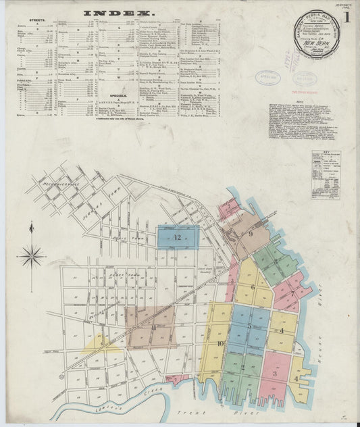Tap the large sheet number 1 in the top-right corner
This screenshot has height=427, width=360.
click(346, 18)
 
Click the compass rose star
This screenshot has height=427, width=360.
click(32, 255)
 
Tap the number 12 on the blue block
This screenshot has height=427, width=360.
click(177, 238)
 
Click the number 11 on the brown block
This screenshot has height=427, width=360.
click(153, 328)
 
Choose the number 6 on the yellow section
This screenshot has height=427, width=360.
click(253, 287)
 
